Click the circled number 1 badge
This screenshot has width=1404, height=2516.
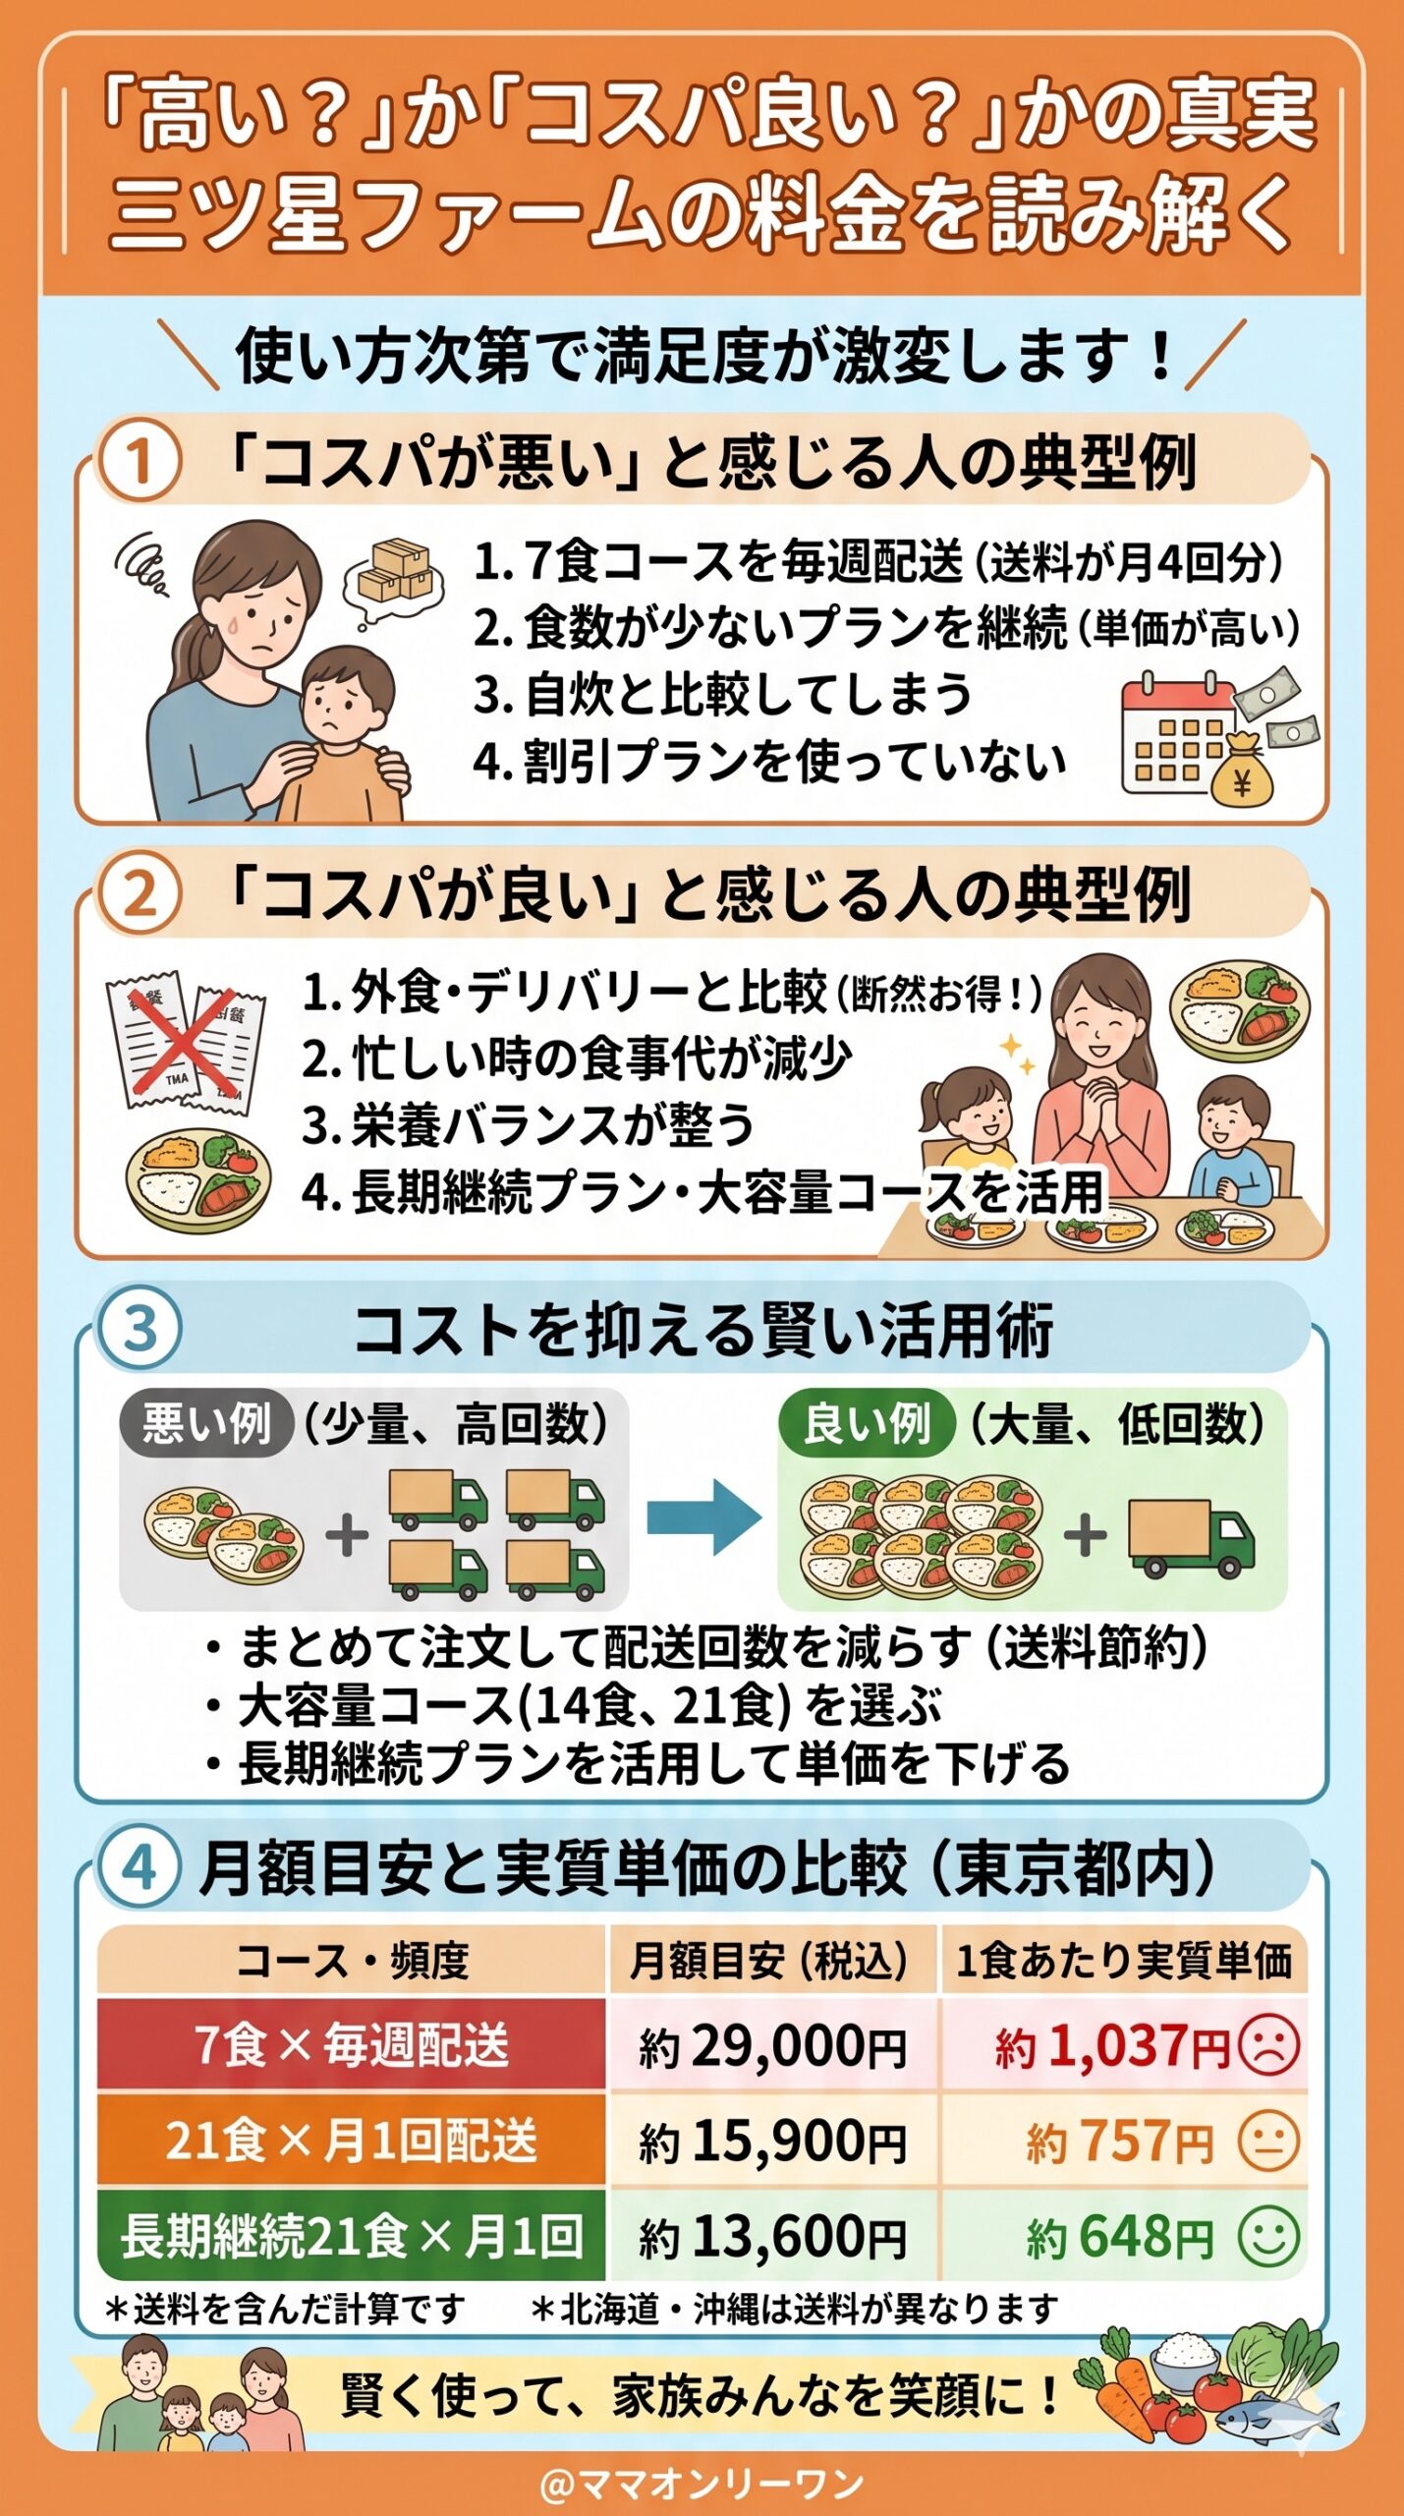tap(139, 460)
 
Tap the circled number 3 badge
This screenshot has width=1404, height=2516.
tap(139, 1328)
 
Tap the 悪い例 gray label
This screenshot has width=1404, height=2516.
tap(206, 1423)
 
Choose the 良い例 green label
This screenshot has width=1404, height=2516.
tap(866, 1423)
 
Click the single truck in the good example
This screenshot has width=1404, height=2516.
tap(1190, 1536)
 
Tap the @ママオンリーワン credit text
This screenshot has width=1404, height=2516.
tap(702, 2484)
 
